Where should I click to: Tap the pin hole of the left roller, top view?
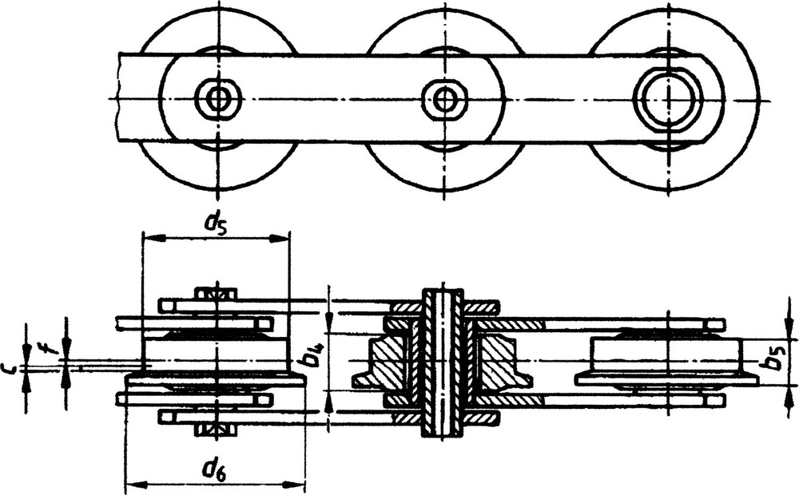pos(219,98)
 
